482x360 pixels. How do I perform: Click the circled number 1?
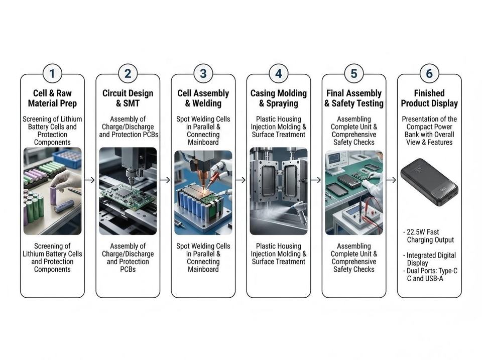[52, 73]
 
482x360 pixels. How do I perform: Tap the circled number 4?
[279, 73]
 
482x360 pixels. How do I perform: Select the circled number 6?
[429, 73]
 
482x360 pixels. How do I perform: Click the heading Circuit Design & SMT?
[128, 98]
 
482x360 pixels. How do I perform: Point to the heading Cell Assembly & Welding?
[203, 98]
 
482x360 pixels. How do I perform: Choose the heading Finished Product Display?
[429, 98]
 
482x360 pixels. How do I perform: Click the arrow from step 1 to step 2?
[90, 180]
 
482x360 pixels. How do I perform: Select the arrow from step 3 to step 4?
[240, 180]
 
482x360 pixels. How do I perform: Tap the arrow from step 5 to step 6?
[391, 180]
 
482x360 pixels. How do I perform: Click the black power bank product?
[429, 182]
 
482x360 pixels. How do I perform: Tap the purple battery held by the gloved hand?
[53, 195]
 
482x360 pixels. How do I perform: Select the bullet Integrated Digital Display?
[429, 259]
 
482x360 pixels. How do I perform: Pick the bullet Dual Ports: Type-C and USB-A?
[430, 275]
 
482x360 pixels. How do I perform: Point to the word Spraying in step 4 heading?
[282, 103]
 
